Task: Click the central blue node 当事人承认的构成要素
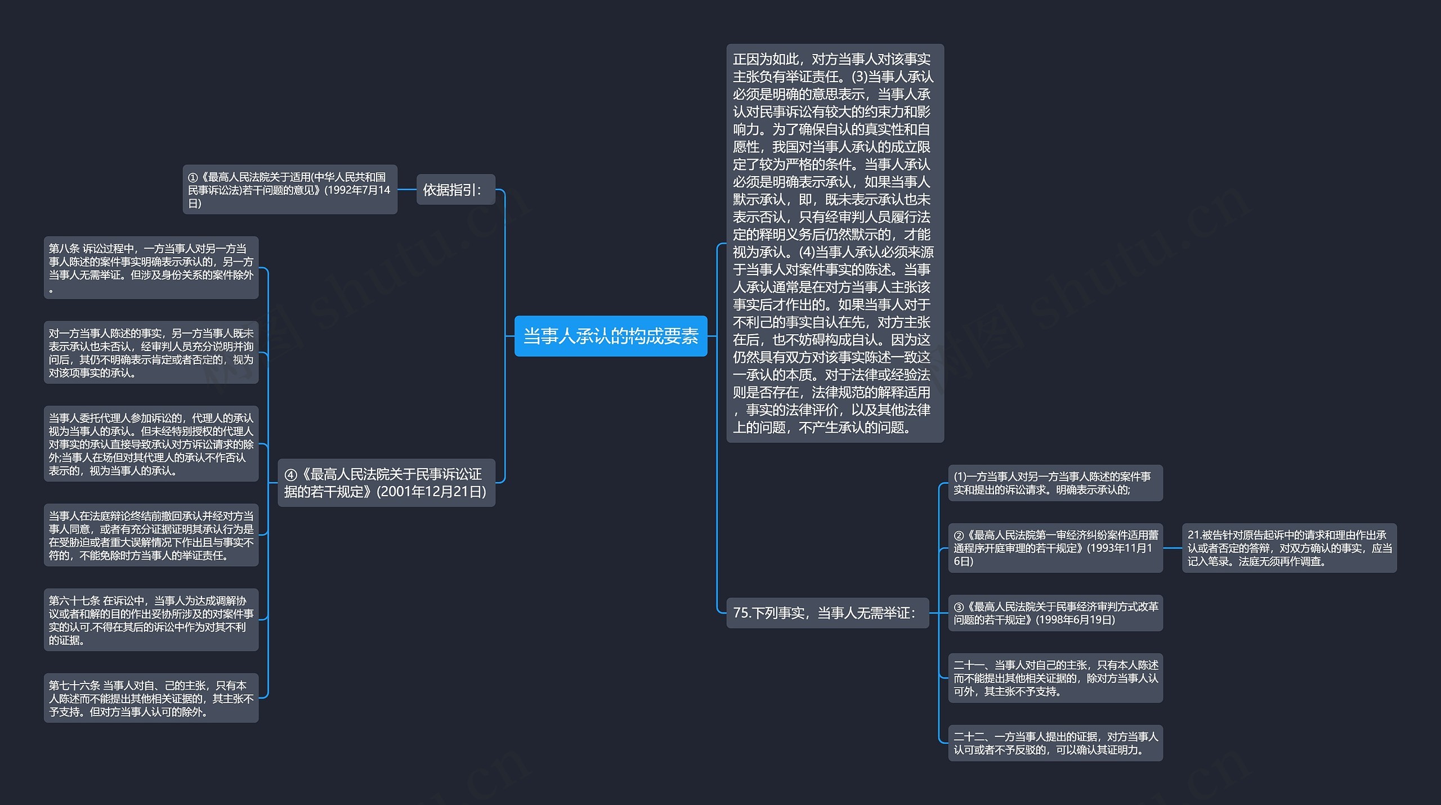coord(611,336)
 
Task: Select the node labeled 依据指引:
coord(455,190)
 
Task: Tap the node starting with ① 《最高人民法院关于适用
coord(289,190)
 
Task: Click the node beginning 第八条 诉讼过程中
coord(151,268)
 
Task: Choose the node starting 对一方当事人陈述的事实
coord(151,353)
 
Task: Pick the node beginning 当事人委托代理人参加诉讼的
coord(151,444)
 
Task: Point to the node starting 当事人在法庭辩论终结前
coord(151,535)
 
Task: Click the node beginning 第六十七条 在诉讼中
coord(151,620)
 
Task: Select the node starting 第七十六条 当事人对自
coord(151,698)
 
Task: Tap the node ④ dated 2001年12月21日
coord(386,483)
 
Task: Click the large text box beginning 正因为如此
coord(835,243)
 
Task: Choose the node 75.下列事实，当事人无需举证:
coord(827,613)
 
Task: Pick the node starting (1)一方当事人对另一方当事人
coord(1055,483)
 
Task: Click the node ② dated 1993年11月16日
coord(1055,548)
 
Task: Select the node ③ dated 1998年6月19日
coord(1055,613)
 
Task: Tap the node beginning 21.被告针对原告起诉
coord(1289,548)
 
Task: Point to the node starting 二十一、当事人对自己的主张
coord(1055,678)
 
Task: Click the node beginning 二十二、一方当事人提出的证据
coord(1055,743)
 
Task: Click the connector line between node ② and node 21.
coord(1173,548)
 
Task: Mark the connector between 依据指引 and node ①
coord(407,190)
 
